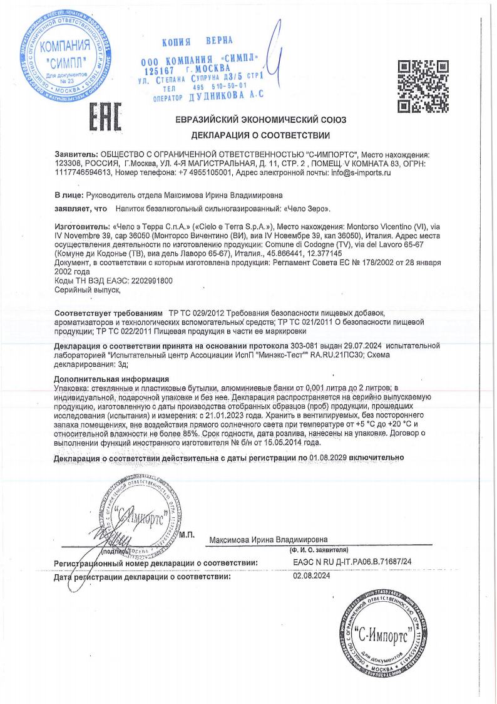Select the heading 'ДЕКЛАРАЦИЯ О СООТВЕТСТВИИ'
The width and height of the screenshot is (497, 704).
coord(262,135)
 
